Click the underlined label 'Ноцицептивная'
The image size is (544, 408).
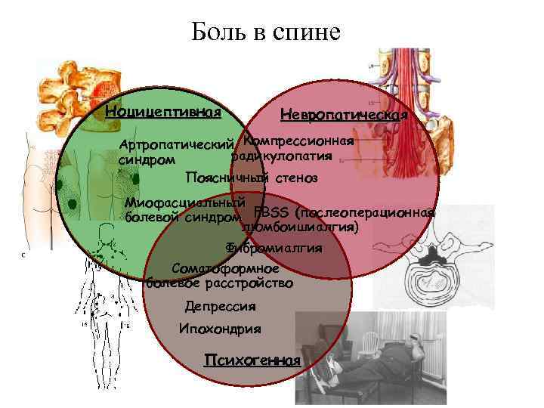pos(163,112)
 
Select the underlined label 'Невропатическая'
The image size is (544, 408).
pos(344,115)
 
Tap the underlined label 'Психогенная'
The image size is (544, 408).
pos(252,360)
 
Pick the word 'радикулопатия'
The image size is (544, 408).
pos(282,156)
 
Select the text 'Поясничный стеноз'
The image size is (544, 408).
pos(252,178)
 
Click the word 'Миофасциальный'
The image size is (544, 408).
pos(185,203)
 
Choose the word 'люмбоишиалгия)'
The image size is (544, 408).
pos(299,226)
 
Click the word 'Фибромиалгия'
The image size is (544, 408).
pos(274,248)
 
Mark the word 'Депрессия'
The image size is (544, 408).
pos(220,307)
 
